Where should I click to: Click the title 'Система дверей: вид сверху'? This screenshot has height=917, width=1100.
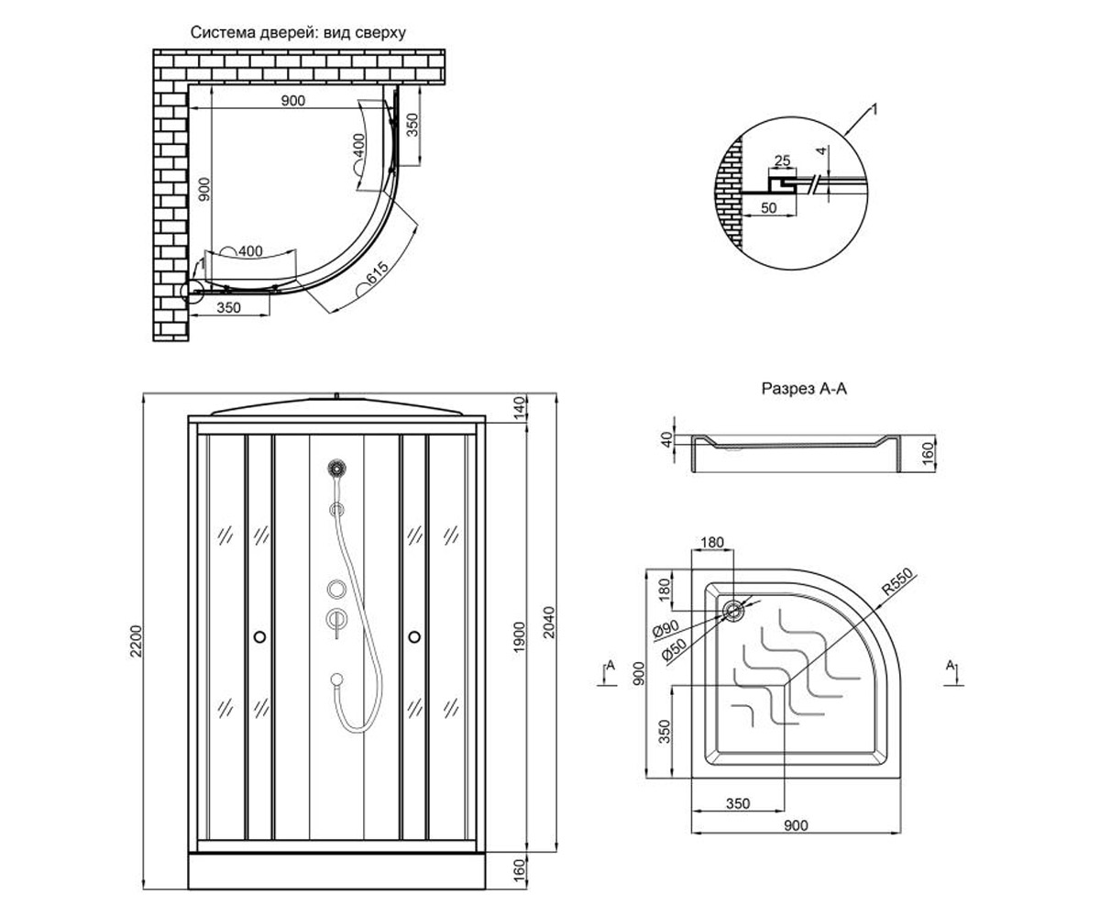click(x=298, y=33)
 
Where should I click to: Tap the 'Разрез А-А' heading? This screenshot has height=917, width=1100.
click(x=804, y=389)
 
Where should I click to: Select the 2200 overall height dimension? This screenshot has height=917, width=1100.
click(x=137, y=641)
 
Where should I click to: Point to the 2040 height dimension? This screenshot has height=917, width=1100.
click(x=549, y=622)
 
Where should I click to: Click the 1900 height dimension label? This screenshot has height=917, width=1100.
click(x=520, y=637)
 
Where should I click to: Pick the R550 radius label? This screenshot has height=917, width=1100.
click(x=897, y=581)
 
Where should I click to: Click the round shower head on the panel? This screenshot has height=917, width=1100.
click(x=336, y=467)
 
